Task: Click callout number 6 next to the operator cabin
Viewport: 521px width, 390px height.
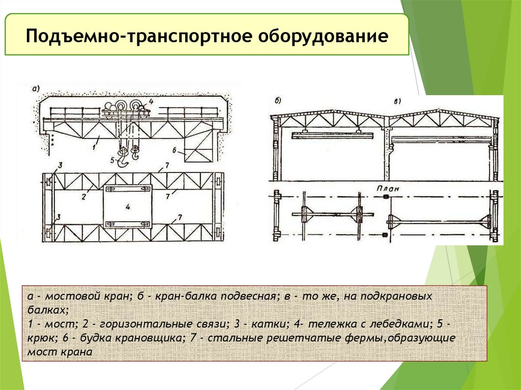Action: click(175, 151)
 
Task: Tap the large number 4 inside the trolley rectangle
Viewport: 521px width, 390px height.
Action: click(128, 207)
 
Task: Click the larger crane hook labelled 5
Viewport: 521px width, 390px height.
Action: click(123, 159)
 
